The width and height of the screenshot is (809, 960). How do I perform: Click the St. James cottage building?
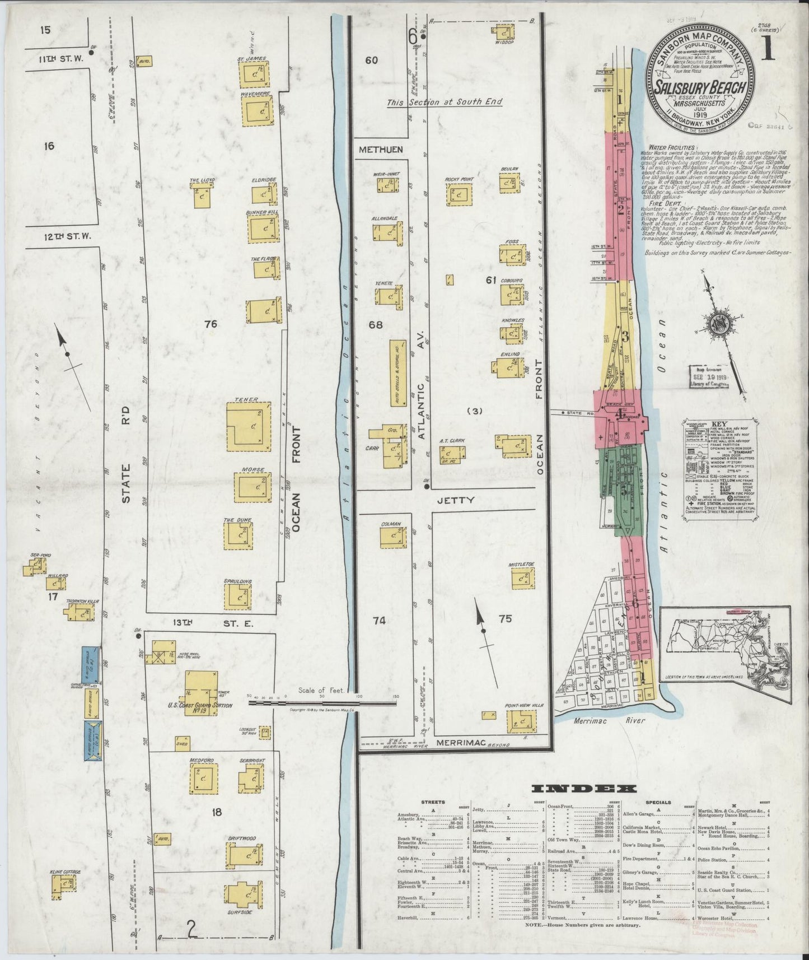point(252,73)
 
